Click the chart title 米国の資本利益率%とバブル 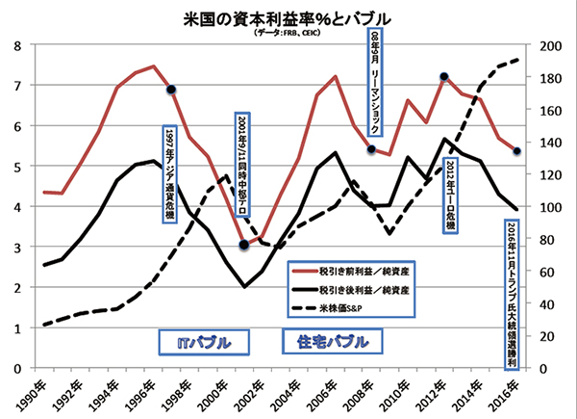point(289,17)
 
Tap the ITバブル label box point(204,342)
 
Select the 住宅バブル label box point(327,342)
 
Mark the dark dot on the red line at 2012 point(444,76)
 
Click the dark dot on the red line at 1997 point(171,90)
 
